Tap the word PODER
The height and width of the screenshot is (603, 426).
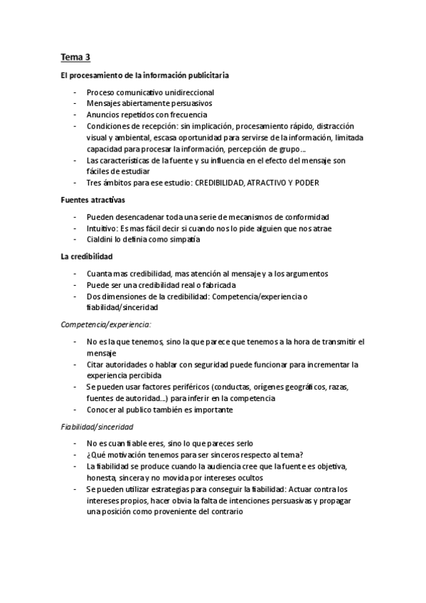click(x=305, y=183)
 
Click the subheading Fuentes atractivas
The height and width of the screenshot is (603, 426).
click(x=92, y=200)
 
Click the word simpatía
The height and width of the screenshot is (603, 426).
click(x=183, y=240)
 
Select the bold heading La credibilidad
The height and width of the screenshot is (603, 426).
click(x=87, y=257)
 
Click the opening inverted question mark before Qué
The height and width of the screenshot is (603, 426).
click(x=88, y=456)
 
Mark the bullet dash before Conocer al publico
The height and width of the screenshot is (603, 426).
click(x=75, y=410)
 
